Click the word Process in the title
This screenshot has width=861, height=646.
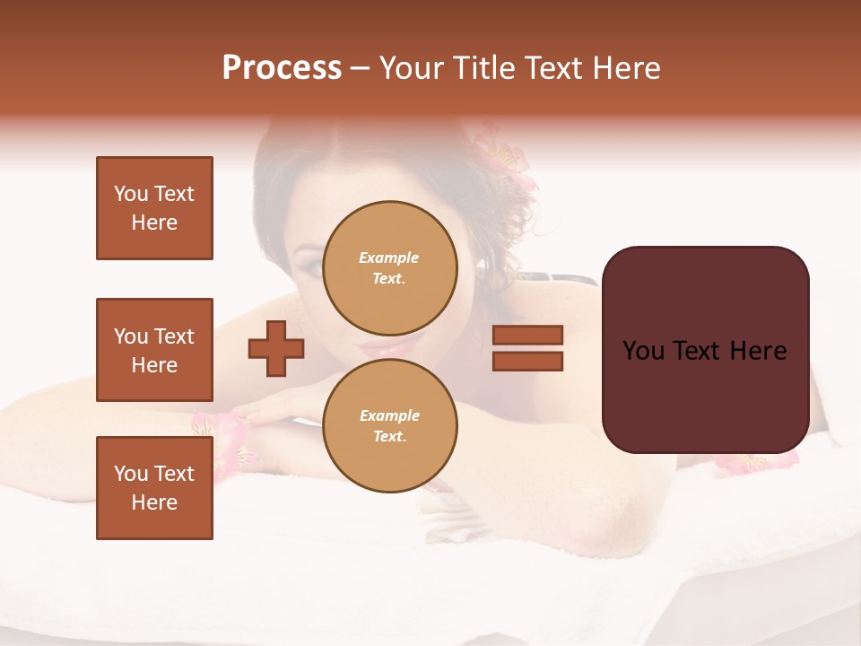(x=282, y=68)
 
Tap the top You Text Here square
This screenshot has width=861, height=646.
(x=154, y=208)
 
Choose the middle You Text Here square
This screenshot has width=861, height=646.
(x=154, y=350)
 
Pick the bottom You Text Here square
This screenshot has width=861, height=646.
(x=154, y=488)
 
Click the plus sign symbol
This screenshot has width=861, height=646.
(x=276, y=348)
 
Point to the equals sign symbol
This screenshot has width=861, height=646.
(x=527, y=348)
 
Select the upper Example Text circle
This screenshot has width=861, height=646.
(x=389, y=267)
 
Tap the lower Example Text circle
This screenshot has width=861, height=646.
(x=389, y=425)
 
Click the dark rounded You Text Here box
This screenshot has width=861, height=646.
(x=705, y=350)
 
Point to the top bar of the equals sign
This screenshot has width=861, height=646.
(x=527, y=336)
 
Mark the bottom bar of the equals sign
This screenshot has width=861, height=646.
(x=527, y=361)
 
